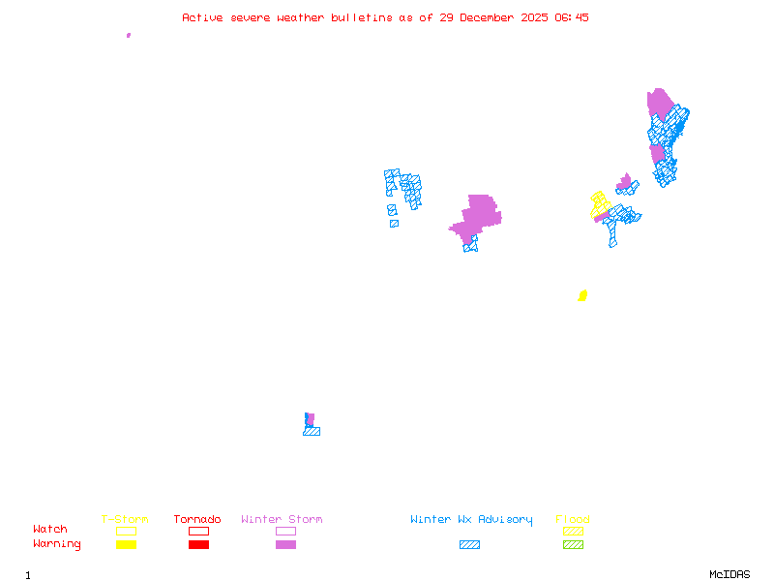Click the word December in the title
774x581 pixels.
point(490,17)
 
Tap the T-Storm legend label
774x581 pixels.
point(125,520)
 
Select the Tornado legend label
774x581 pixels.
point(197,520)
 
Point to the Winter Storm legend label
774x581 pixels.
point(282,520)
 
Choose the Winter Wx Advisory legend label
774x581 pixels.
point(471,520)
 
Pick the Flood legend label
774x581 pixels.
point(573,520)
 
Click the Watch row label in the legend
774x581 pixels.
point(50,530)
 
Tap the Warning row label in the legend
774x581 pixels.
point(57,544)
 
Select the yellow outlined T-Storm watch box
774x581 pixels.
point(126,531)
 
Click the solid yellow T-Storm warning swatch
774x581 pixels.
point(126,544)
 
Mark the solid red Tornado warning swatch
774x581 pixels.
point(198,544)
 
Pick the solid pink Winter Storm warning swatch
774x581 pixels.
point(285,544)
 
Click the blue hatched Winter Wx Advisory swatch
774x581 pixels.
point(469,544)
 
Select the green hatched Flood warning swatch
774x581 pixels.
point(573,544)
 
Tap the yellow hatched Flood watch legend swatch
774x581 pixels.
point(573,531)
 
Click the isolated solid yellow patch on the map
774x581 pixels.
point(582,295)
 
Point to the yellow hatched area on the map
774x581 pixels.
point(600,204)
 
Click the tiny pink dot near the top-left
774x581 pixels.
point(129,35)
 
